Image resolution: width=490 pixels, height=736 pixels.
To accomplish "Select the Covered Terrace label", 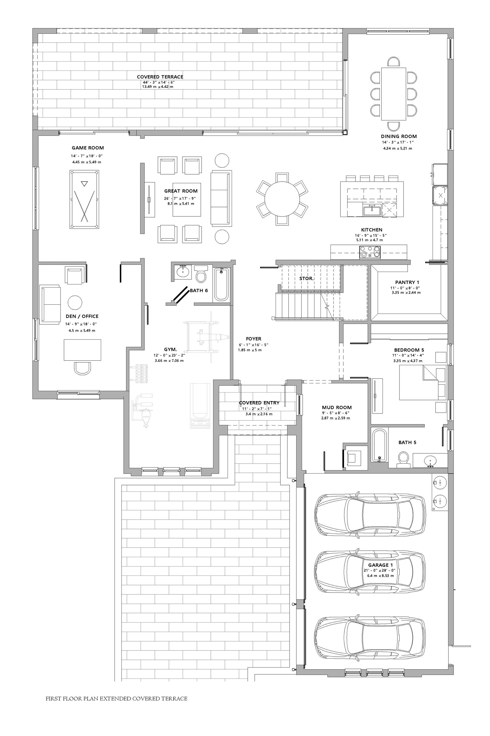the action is pos(160,77).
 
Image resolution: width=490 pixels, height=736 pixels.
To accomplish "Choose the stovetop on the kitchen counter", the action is pos(370,251).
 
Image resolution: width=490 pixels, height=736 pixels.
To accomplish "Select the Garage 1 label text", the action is pos(380,565).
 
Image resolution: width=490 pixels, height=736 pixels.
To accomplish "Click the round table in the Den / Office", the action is pos(75,303).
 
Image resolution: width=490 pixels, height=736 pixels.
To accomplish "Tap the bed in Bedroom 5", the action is pos(423,382).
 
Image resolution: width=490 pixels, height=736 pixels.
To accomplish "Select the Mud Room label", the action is pos(337,407).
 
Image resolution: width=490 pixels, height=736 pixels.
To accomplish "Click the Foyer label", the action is pos(253,339).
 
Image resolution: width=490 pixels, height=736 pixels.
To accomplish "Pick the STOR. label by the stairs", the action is pos(307,278).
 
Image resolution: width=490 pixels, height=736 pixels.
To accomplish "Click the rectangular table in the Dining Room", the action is pos(394,94).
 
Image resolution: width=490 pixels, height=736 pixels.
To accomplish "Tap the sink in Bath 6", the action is pos(182,271).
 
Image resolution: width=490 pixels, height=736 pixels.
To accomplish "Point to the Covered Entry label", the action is pos(259,403).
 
